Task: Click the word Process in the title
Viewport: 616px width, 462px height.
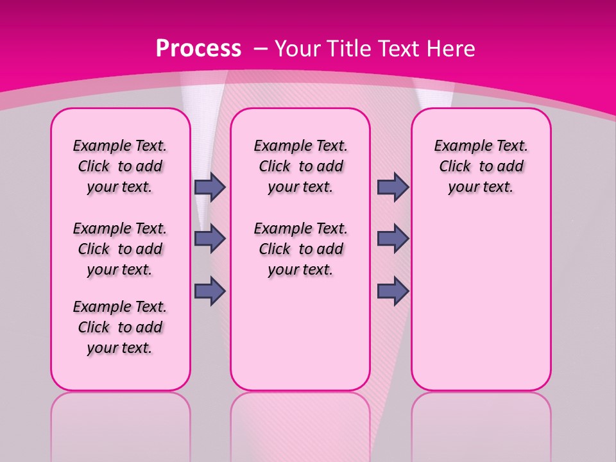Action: point(198,48)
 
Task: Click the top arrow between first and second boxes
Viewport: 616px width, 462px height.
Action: point(210,187)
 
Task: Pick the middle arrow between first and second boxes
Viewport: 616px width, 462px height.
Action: point(210,239)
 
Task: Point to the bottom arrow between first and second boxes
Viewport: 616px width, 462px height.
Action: point(210,291)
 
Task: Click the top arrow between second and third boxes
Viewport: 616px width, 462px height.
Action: point(393,187)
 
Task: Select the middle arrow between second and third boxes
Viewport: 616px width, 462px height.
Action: point(393,239)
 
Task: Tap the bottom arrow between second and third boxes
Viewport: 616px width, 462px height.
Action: point(393,291)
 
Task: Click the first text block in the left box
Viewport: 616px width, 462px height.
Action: point(120,166)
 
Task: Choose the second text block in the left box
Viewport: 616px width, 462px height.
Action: point(120,249)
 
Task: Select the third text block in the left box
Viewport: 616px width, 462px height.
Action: point(120,327)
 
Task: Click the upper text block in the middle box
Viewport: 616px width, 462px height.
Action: point(300,166)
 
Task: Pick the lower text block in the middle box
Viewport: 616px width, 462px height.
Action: point(300,249)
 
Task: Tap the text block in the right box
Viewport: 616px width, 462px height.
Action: point(481,166)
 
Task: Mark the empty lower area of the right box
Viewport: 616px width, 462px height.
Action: point(481,302)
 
